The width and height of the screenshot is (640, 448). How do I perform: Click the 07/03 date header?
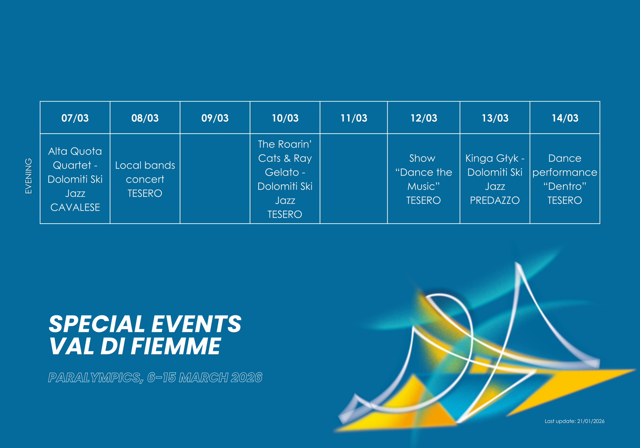[x=75, y=118]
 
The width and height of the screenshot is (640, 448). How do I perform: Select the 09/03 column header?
[x=215, y=118]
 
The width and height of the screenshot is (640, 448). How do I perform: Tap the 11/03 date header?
[x=354, y=118]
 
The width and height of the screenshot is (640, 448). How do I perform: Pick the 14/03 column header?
[x=565, y=118]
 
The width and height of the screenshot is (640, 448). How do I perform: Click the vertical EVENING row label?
[x=29, y=176]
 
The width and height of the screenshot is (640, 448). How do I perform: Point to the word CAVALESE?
[x=75, y=207]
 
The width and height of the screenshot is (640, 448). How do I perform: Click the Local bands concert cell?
[x=145, y=179]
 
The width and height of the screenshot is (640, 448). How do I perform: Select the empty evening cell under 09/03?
[x=215, y=179]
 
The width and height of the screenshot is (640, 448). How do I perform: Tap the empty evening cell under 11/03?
[x=354, y=179]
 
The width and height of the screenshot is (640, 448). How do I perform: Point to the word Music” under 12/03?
[x=423, y=186]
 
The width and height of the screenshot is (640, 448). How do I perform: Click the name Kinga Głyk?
[x=492, y=158]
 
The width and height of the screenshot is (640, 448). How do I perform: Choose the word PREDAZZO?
[x=495, y=200]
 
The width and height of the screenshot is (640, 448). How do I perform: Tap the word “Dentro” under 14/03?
[x=565, y=186]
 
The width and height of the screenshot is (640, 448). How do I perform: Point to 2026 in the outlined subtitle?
[x=247, y=377]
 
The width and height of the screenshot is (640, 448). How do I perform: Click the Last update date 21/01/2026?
[x=591, y=421]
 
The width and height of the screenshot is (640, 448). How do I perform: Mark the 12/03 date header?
[x=424, y=118]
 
